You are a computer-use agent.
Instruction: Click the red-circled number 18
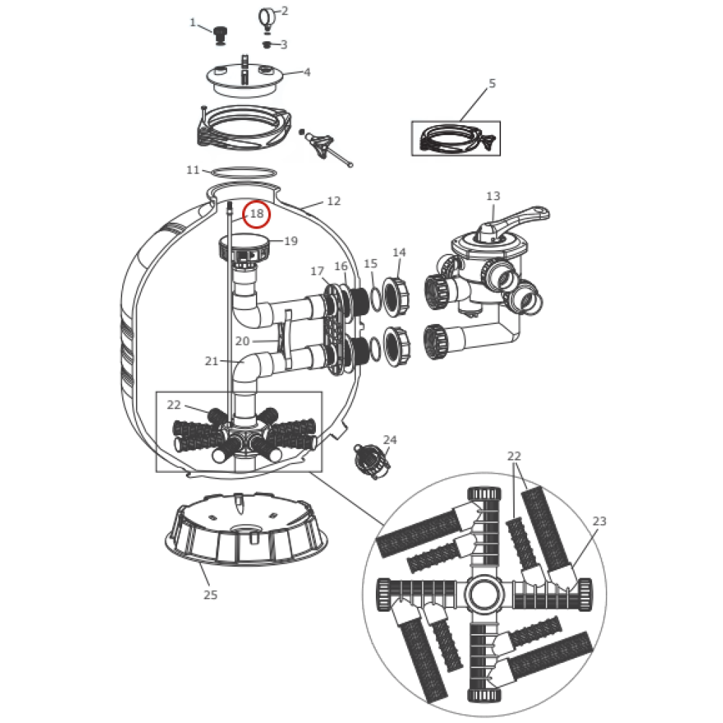click(x=257, y=214)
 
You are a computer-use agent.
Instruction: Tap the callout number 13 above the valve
click(x=493, y=196)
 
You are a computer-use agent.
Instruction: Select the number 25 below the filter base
click(x=210, y=595)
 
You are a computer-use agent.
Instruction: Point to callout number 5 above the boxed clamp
click(x=492, y=83)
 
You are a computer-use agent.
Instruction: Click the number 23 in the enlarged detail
click(x=599, y=521)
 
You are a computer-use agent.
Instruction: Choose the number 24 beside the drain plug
click(x=390, y=440)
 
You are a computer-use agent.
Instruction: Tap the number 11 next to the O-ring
click(x=193, y=170)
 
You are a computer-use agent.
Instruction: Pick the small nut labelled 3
click(x=267, y=45)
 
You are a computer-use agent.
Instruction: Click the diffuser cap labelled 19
click(x=243, y=247)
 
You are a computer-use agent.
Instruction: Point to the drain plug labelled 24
click(x=372, y=461)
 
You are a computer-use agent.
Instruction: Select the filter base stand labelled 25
click(x=247, y=529)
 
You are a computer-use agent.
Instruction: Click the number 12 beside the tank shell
click(x=333, y=201)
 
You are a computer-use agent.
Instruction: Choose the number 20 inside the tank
click(x=242, y=341)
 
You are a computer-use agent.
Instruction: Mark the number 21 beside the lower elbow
click(x=211, y=361)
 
